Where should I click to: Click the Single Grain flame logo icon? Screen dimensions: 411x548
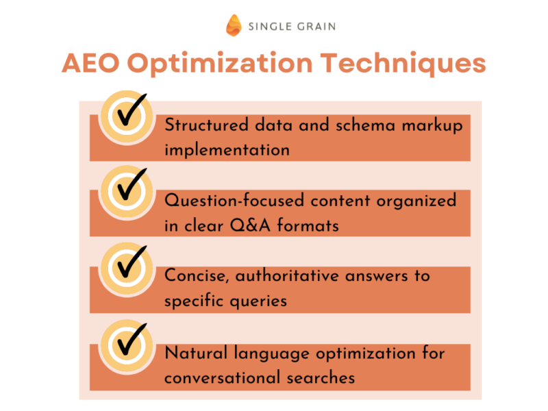coord(234,25)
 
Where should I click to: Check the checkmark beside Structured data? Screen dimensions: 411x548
coord(127,114)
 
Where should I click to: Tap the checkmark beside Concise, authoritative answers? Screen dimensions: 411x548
coord(127,264)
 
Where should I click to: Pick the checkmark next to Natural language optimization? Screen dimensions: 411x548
coord(127,339)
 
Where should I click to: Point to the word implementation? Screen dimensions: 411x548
coord(227,150)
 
